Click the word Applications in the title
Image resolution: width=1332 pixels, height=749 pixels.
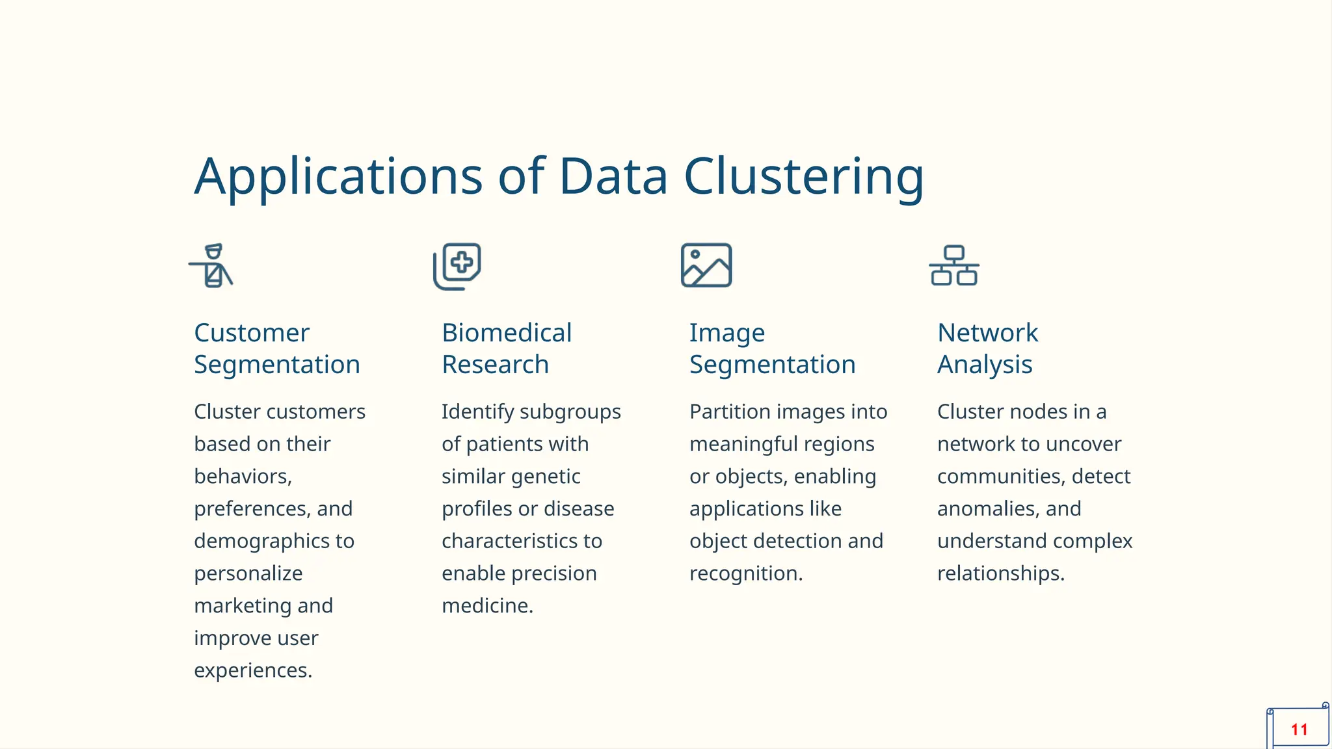[x=338, y=177]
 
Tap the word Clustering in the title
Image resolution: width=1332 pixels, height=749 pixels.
[x=803, y=177]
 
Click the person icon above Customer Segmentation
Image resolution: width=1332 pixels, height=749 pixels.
[x=211, y=266]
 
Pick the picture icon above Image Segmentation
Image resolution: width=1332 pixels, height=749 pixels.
[x=706, y=265]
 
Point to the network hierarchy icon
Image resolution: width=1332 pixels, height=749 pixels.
[x=954, y=265]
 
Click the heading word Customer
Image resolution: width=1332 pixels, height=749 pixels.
[x=252, y=333]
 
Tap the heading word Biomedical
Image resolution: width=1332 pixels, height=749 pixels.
[x=507, y=333]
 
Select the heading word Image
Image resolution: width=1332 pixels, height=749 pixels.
[x=727, y=334]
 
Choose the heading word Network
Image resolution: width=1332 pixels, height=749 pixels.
[x=987, y=333]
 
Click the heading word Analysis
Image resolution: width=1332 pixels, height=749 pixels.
[x=985, y=365]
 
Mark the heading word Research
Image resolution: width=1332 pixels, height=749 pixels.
[x=495, y=365]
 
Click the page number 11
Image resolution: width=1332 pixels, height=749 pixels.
[x=1299, y=729]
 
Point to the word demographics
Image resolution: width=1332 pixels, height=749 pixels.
[x=265, y=541]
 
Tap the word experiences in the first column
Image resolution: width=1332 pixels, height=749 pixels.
[x=252, y=670]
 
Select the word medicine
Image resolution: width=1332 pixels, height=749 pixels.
[x=487, y=606]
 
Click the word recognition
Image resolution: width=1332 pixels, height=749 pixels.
[x=745, y=573]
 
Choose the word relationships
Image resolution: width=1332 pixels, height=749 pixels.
[x=1000, y=573]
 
